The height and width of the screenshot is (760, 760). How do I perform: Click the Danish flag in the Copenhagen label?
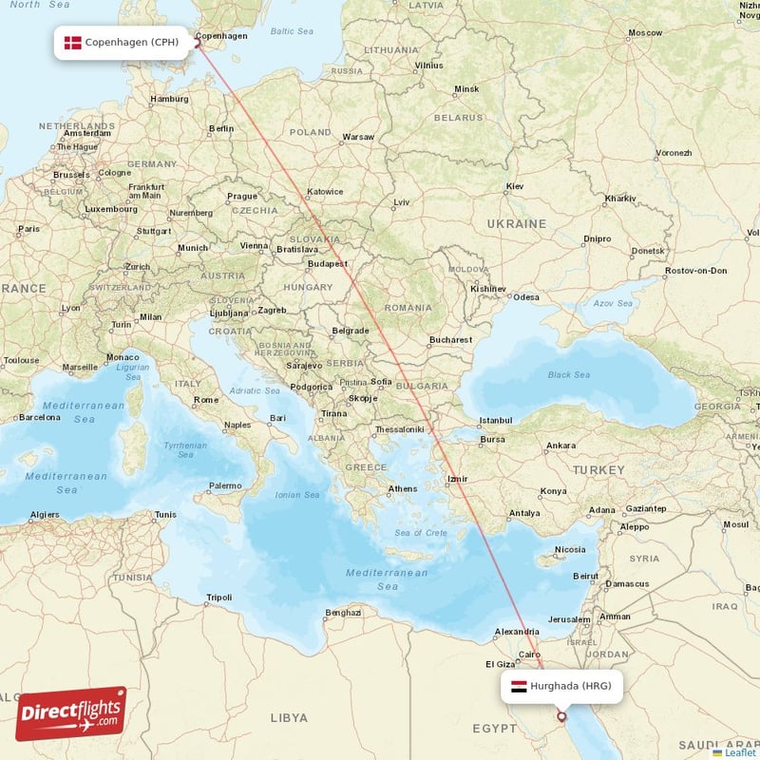coord(72,43)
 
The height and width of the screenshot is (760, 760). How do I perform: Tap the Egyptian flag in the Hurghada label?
coord(519,686)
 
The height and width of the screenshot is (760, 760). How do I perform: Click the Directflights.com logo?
coord(71,713)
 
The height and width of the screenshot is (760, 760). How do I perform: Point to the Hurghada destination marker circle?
coord(561,717)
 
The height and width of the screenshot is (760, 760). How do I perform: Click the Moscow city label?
coord(645,32)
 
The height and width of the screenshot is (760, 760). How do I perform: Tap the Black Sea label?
coord(568,374)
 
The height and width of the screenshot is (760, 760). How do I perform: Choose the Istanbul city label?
coord(495,420)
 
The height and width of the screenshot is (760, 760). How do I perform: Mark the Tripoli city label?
coord(218,598)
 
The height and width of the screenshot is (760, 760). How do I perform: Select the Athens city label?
coord(402,489)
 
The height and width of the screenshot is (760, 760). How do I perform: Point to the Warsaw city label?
coord(358,137)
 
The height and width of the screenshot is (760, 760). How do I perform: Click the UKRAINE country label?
coord(516,223)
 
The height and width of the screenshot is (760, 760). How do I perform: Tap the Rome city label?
coord(206,400)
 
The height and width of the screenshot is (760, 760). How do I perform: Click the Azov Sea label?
coord(613,304)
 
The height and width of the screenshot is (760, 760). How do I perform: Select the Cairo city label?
coord(529,654)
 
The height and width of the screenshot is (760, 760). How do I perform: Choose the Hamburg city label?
coord(170,99)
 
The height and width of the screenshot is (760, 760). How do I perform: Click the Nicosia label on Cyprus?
coord(570,549)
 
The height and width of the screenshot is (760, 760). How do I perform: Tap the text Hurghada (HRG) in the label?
coord(570,686)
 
